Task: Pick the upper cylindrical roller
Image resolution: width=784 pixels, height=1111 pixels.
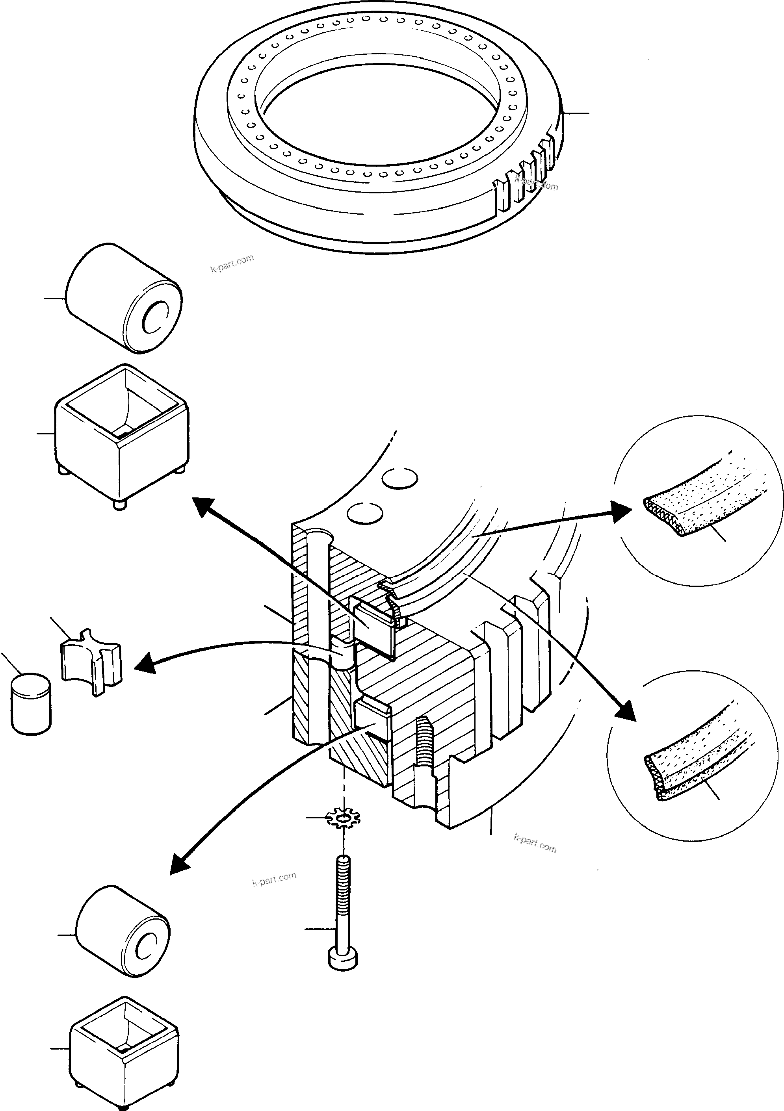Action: click(124, 299)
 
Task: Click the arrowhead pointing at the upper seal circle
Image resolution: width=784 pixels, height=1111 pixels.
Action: click(622, 512)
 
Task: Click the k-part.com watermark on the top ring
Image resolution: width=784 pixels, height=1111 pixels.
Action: click(537, 184)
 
